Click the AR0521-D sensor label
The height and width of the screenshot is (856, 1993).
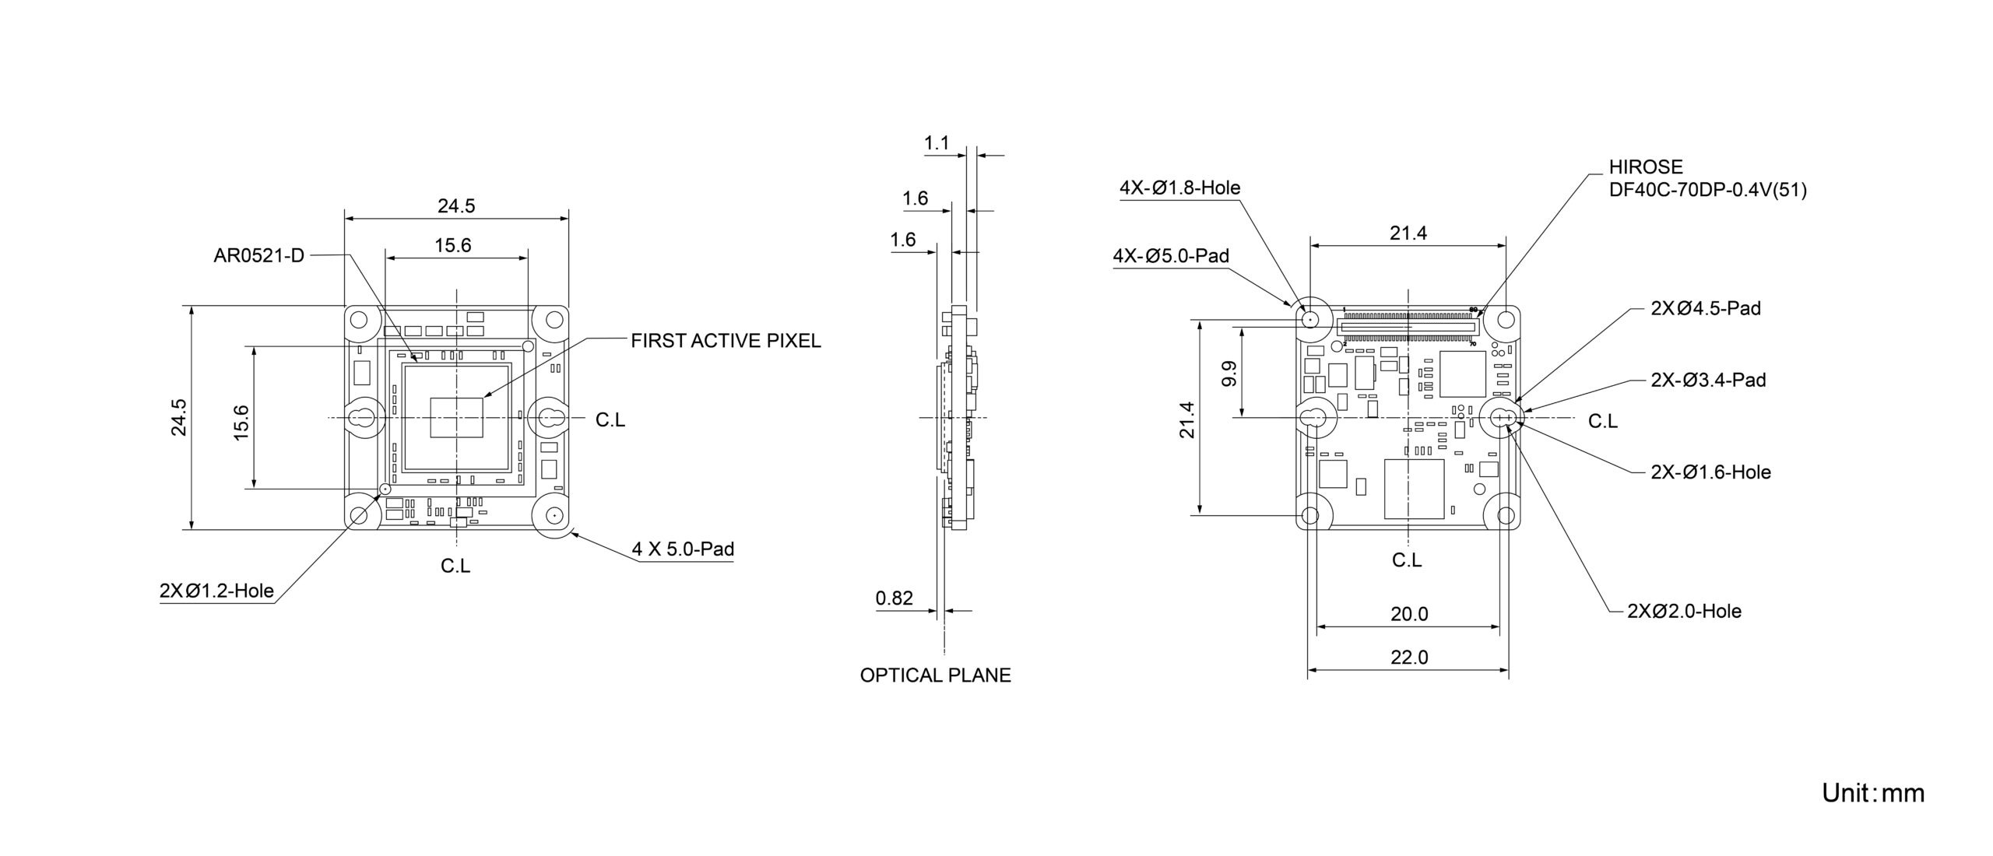(x=258, y=255)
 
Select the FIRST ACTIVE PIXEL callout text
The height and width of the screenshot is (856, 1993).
(x=726, y=341)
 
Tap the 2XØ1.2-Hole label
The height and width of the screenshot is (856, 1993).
(x=216, y=591)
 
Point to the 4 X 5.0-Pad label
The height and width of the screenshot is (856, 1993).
(x=683, y=549)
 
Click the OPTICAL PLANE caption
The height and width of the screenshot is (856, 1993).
(x=935, y=675)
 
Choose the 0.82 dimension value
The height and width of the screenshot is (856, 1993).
(x=894, y=598)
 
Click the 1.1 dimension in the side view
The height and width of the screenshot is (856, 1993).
(x=937, y=143)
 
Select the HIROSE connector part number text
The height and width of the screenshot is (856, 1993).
(x=1707, y=189)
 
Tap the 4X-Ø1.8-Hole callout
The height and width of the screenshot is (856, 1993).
(x=1179, y=188)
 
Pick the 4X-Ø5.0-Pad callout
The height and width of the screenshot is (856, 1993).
(x=1171, y=256)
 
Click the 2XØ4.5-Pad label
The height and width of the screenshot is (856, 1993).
(x=1706, y=308)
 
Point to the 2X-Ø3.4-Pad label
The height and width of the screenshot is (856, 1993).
(x=1708, y=381)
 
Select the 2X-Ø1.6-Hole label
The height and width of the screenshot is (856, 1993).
(x=1710, y=472)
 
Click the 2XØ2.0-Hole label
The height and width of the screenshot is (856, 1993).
(x=1684, y=612)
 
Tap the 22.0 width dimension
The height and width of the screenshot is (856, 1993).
(x=1409, y=658)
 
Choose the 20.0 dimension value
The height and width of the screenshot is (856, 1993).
(x=1409, y=614)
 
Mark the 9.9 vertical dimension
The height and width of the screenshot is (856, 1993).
(x=1229, y=374)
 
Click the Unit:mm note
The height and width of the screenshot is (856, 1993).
(x=1872, y=793)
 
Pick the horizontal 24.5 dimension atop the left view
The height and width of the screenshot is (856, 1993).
(x=456, y=206)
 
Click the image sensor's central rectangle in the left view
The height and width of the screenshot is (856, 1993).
(x=456, y=416)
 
